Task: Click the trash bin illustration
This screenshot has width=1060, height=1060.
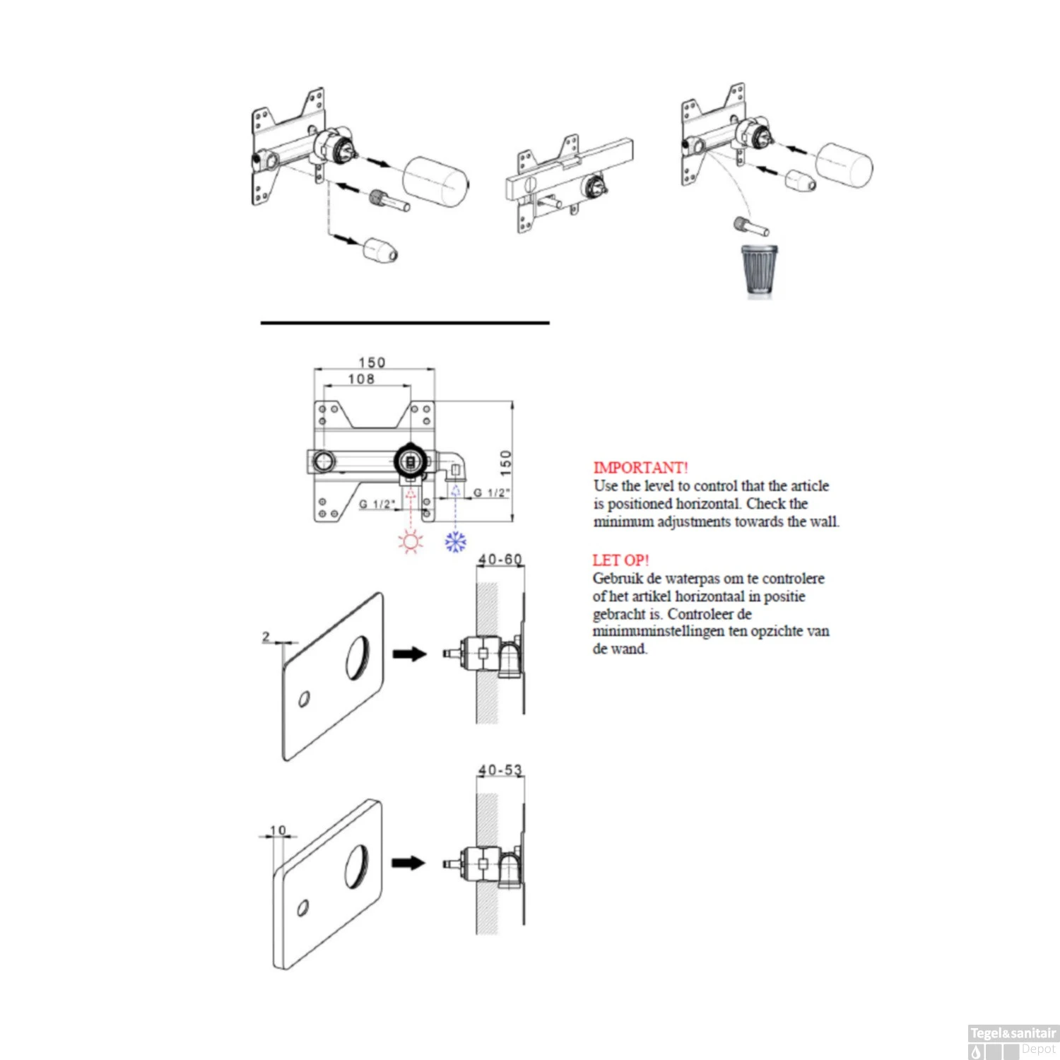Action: (759, 269)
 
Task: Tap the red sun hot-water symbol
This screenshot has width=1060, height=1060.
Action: (411, 542)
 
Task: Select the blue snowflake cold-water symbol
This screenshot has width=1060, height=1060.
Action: (456, 542)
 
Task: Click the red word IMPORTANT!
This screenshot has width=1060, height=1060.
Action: (640, 468)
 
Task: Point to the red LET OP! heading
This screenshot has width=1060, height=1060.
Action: (620, 560)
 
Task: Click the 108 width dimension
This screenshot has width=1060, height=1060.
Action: (361, 379)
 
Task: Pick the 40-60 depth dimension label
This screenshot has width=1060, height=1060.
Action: (500, 560)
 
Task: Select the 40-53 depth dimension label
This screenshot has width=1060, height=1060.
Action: (500, 770)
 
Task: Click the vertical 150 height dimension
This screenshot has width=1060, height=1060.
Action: (506, 463)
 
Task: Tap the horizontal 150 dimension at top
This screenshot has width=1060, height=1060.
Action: (372, 363)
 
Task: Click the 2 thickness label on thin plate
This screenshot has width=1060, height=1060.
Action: (266, 637)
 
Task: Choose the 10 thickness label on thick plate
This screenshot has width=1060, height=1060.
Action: (278, 830)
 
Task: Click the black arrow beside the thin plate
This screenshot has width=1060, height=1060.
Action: (410, 654)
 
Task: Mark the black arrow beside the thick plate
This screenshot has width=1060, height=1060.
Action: (408, 863)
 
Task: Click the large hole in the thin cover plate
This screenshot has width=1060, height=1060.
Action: (358, 658)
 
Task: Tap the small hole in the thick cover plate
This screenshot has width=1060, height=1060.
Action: (303, 907)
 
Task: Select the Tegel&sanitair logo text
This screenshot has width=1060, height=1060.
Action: (1013, 1033)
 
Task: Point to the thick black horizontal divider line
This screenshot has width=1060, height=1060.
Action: (405, 323)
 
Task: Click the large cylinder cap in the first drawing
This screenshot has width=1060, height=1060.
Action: (435, 182)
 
